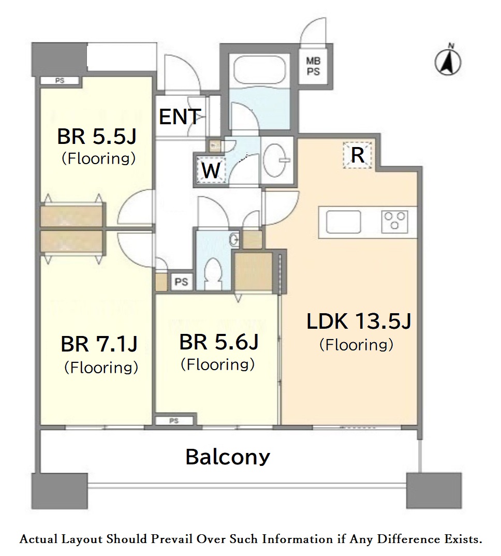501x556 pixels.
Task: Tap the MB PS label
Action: pyautogui.click(x=313, y=66)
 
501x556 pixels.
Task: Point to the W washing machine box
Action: pyautogui.click(x=211, y=170)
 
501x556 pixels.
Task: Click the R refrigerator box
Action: pyautogui.click(x=358, y=155)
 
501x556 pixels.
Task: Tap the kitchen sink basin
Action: pyautogui.click(x=343, y=222)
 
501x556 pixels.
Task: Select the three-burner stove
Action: pyautogui.click(x=394, y=221)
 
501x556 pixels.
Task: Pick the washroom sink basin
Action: pyautogui.click(x=276, y=160)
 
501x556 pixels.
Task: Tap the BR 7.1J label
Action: pyautogui.click(x=99, y=344)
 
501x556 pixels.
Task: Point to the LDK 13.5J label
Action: pyautogui.click(x=359, y=321)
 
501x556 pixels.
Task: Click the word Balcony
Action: pyautogui.click(x=228, y=457)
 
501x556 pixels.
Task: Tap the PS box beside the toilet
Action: pyautogui.click(x=181, y=282)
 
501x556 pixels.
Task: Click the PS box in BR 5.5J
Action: pyautogui.click(x=60, y=81)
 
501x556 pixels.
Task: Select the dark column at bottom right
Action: pyautogui.click(x=434, y=491)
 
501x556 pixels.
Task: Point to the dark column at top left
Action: pyautogui.click(x=59, y=59)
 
